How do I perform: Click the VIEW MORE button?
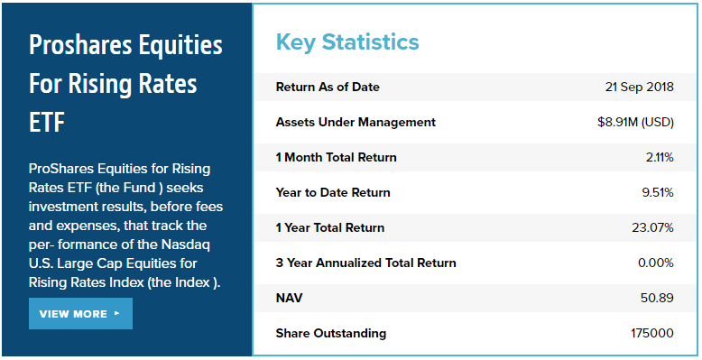(x=80, y=313)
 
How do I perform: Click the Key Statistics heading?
(x=347, y=42)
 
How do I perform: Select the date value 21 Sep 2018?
(x=640, y=87)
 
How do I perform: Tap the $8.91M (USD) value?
(x=635, y=122)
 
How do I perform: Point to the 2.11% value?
(x=660, y=157)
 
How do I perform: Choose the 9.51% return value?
(x=658, y=192)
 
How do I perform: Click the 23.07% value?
(x=652, y=227)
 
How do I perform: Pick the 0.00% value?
(x=656, y=263)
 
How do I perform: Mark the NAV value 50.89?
(x=657, y=298)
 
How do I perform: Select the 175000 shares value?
(x=652, y=333)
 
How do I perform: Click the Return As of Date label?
(x=328, y=87)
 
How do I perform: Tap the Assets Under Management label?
(x=356, y=122)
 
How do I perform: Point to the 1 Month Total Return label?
(x=337, y=157)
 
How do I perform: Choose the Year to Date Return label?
(x=333, y=192)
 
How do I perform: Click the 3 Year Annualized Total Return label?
(x=365, y=263)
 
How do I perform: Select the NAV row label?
(x=290, y=298)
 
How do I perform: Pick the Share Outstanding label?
(x=331, y=334)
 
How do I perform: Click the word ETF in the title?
(x=47, y=122)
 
